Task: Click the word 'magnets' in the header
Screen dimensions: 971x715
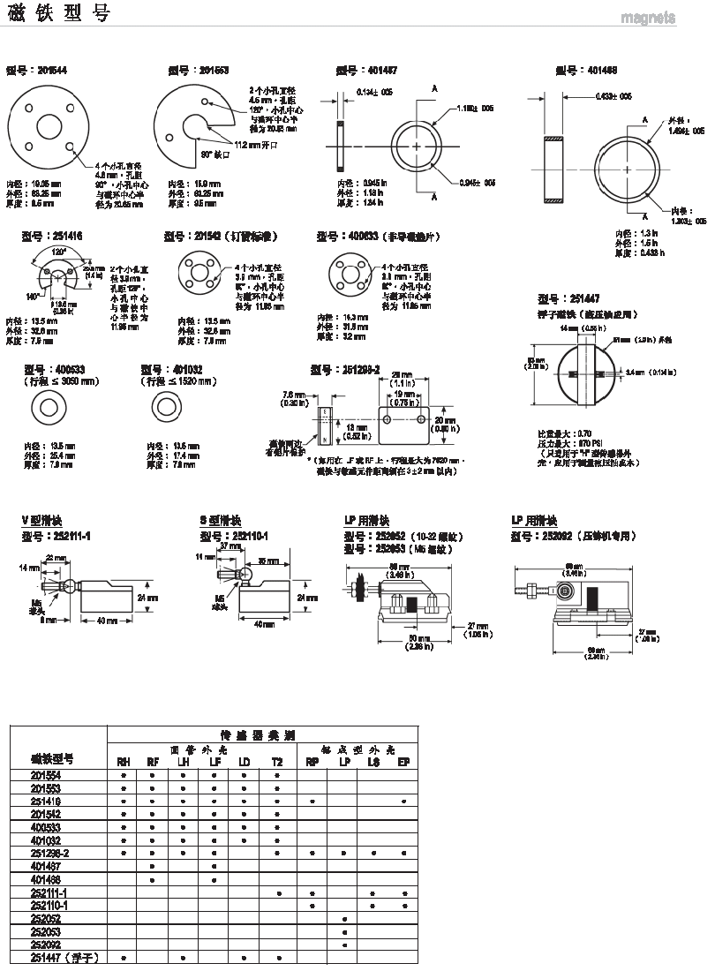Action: click(648, 18)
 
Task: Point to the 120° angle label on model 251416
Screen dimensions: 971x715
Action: click(58, 252)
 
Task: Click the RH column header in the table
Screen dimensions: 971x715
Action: click(124, 761)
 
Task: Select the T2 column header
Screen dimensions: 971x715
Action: click(277, 761)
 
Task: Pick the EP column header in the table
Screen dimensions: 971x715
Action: click(403, 761)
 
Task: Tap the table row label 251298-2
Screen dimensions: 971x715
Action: click(50, 854)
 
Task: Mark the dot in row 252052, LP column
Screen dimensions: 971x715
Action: click(343, 919)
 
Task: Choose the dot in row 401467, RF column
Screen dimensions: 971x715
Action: click(153, 867)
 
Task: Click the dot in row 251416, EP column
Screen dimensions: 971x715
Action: click(403, 801)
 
